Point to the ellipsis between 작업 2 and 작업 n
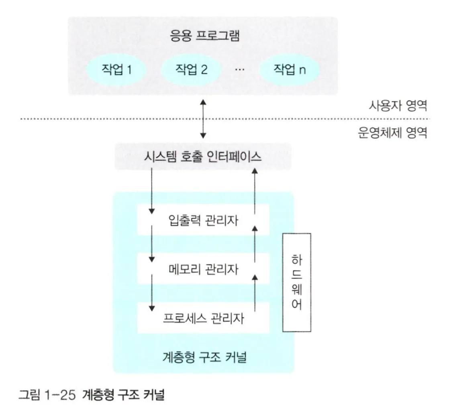240,69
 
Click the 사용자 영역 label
398,107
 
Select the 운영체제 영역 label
392,132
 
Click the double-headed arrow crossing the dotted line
203,119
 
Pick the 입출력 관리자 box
203,220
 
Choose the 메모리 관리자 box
203,269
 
